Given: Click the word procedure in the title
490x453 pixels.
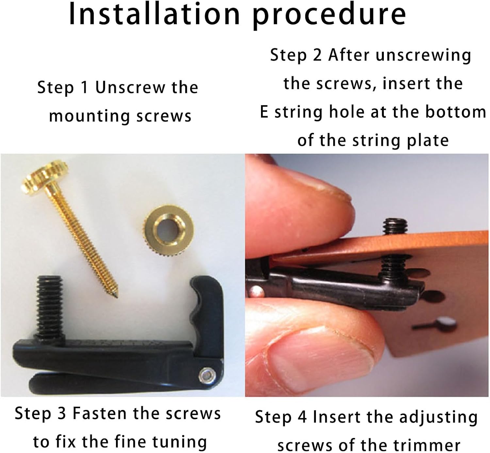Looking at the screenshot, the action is pyautogui.click(x=329, y=16).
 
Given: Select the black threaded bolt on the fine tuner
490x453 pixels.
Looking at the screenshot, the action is pyautogui.click(x=50, y=306).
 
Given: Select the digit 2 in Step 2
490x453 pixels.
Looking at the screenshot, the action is pyautogui.click(x=317, y=55).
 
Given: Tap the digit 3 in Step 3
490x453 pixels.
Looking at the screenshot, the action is pyautogui.click(x=62, y=413).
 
